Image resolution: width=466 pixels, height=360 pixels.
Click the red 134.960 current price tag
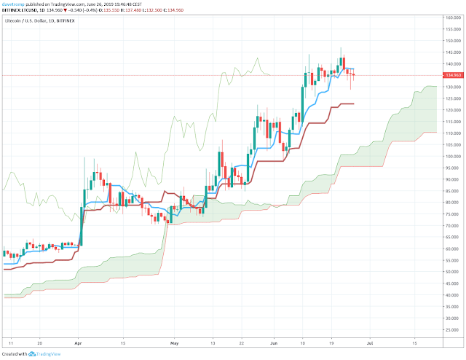click(x=452, y=75)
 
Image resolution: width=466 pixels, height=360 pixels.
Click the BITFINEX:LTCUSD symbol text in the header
click(x=21, y=11)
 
